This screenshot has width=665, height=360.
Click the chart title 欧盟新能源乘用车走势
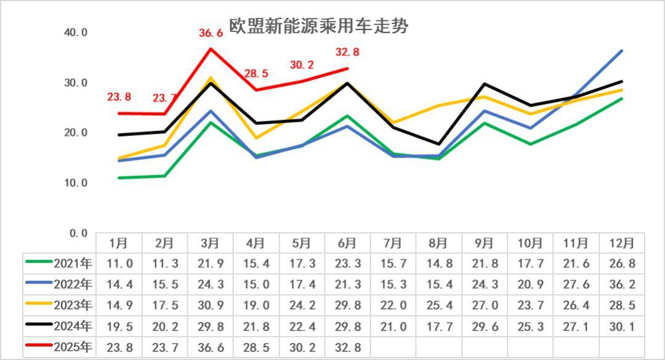[318, 26]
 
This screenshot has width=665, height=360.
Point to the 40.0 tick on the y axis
[76, 33]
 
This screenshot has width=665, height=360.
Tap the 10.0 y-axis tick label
[76, 183]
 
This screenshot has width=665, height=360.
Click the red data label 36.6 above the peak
[211, 33]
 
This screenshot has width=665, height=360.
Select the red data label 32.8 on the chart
[347, 52]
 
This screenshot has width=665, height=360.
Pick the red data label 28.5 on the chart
[256, 73]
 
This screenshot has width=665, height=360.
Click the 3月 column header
[211, 243]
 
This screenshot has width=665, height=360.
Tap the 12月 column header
[621, 243]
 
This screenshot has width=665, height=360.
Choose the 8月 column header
[438, 243]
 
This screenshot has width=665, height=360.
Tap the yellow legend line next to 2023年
[39, 305]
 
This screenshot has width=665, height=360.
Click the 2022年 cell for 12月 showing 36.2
[621, 284]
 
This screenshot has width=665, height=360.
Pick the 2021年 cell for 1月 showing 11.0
[119, 264]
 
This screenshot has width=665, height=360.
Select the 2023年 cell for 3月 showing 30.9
[211, 305]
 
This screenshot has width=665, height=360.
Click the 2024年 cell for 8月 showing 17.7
[438, 326]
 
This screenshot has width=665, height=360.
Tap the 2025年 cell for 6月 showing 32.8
[347, 347]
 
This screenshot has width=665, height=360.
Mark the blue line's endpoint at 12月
[622, 50]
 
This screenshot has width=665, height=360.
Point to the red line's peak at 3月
[211, 49]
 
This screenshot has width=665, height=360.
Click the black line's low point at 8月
[438, 144]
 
